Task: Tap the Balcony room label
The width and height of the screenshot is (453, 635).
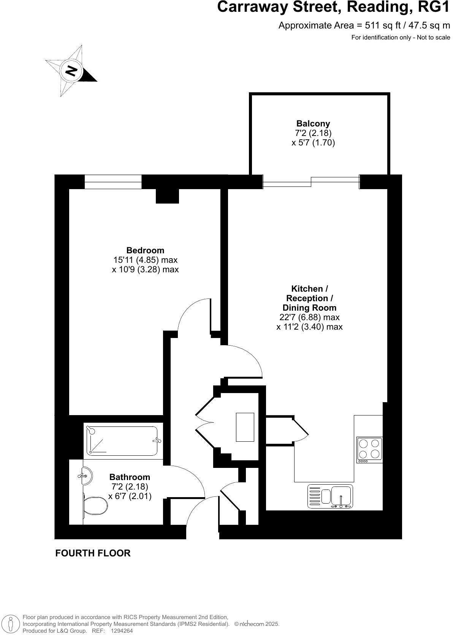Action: coord(313,123)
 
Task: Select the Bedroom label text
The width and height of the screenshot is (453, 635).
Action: coord(145,250)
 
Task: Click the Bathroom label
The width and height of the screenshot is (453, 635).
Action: coord(130,477)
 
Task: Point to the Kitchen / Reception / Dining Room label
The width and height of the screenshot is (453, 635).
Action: coord(309,298)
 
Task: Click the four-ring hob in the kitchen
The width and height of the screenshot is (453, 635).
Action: coord(369,450)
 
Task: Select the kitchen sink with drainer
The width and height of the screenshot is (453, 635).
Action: coord(330,496)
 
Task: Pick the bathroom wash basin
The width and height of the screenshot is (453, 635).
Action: coord(86,475)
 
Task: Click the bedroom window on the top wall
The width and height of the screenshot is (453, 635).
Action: coord(113,182)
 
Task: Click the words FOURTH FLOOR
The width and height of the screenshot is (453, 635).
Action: coord(93,553)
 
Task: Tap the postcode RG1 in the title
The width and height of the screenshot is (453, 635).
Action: coord(433,8)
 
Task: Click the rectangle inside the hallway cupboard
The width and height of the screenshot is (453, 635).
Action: coord(245,427)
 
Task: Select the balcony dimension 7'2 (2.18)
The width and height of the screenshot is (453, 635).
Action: coord(313,133)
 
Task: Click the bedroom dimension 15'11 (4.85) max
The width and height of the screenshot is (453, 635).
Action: coord(145,260)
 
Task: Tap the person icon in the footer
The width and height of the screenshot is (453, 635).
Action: coord(11,624)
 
